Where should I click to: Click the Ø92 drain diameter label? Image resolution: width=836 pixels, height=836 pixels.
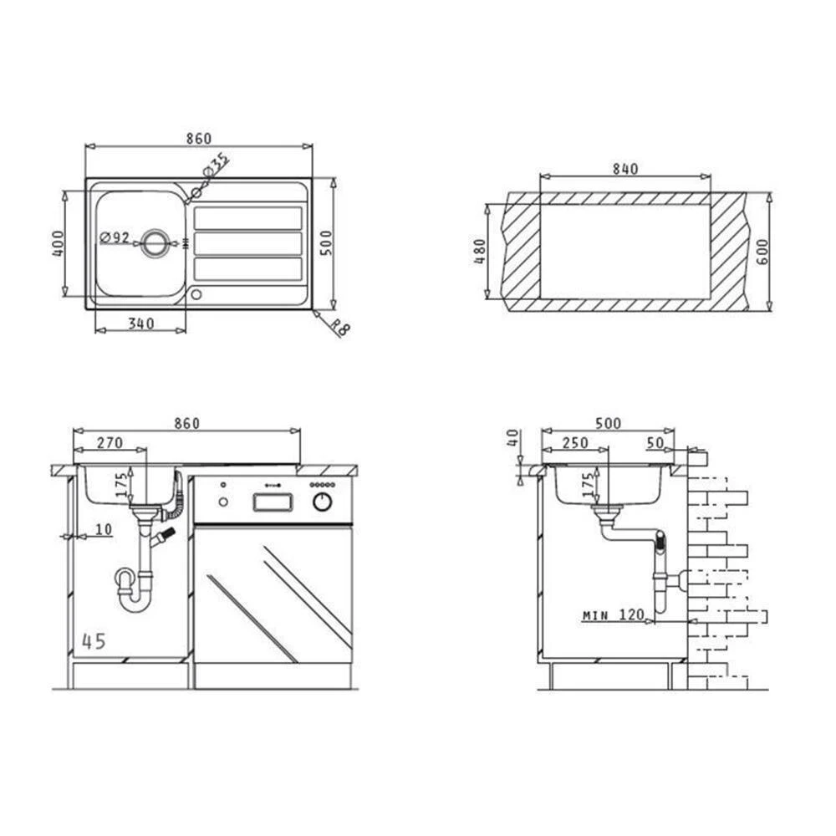115,237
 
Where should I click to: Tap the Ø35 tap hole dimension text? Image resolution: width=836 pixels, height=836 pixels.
216,166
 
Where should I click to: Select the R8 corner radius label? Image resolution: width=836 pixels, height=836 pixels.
339,328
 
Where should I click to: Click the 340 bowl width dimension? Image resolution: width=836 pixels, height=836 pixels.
141,324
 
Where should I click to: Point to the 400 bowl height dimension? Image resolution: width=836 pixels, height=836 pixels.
59,243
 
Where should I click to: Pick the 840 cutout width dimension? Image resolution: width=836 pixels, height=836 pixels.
624,169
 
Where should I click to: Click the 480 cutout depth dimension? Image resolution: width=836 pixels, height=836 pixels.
480,251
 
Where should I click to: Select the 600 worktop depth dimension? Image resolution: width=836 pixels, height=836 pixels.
762,252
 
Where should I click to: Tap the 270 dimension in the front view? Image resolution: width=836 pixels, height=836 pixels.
110,442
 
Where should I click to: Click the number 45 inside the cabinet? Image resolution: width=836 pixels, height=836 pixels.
94,641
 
